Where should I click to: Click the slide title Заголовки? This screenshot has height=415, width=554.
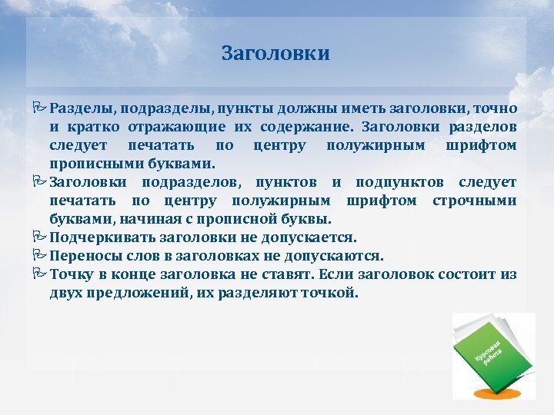point(275,54)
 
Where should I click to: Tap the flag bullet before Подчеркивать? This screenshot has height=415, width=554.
point(40,237)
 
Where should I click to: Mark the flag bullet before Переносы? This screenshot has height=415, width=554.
point(40,256)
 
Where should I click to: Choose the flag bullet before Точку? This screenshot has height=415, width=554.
point(40,274)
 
